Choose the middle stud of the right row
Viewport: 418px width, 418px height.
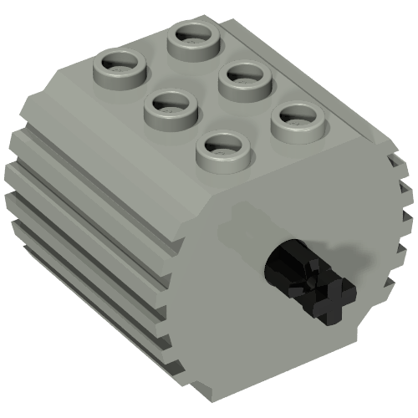tap(244, 79)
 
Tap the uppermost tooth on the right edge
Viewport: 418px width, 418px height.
tap(400, 163)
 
